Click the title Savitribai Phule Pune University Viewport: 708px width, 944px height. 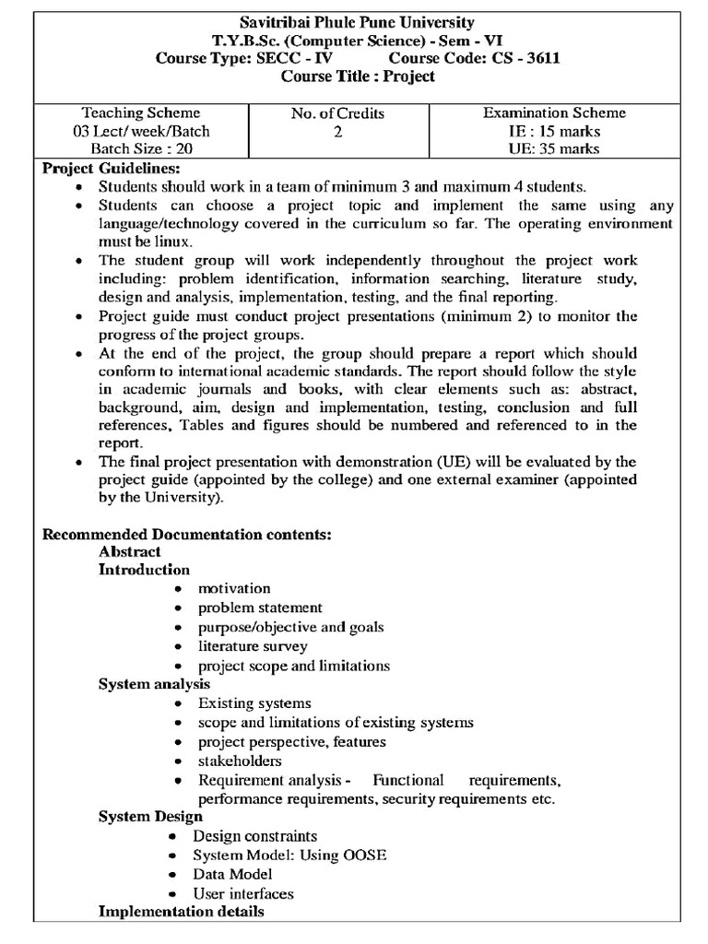[357, 22]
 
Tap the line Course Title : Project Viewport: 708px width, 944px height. [357, 77]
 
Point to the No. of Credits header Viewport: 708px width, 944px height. [337, 114]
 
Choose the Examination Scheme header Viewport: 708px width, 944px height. [554, 113]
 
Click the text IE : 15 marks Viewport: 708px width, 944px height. [554, 131]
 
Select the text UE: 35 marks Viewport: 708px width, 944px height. [554, 148]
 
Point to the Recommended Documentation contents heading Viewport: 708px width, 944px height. [187, 535]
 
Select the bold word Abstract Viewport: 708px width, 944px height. [130, 552]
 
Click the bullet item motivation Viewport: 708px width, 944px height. [234, 588]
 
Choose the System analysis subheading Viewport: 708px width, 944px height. [154, 684]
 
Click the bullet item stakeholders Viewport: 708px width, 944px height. [240, 761]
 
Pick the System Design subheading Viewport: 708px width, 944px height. [150, 817]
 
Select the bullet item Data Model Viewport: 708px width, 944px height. [232, 874]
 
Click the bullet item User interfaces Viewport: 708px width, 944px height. [243, 893]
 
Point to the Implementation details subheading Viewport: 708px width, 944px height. [182, 912]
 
